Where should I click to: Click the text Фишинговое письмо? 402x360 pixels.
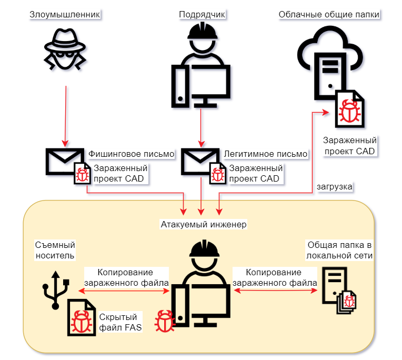click(x=132, y=154)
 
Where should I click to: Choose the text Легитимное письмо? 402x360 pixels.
click(x=266, y=154)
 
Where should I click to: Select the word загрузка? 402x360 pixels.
click(x=335, y=186)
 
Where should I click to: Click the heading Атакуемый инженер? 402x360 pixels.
click(x=204, y=225)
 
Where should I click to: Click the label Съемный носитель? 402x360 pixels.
click(x=55, y=250)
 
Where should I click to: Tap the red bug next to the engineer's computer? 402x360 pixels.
click(x=164, y=321)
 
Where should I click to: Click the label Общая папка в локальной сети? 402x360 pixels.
click(x=340, y=250)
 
